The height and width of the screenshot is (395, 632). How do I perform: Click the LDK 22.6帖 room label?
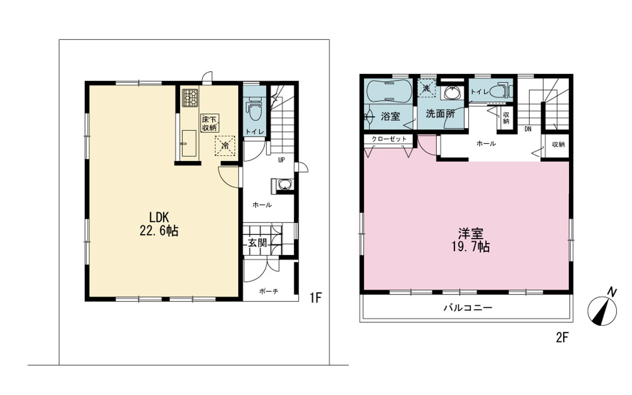coord(159,224)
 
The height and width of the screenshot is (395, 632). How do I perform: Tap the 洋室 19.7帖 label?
coord(471,240)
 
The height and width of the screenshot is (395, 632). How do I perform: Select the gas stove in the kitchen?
coord(190,98)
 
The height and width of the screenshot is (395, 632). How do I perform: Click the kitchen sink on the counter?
coord(189,143)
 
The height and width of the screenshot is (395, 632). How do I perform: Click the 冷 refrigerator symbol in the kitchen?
coord(225,146)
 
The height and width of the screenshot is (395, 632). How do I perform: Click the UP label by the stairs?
coord(281,160)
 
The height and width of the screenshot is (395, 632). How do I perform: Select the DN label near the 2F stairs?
coord(528,129)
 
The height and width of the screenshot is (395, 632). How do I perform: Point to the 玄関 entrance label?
coord(257,243)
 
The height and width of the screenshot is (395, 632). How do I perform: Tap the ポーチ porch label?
coord(269,291)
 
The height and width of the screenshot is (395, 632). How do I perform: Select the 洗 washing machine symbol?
coord(426,88)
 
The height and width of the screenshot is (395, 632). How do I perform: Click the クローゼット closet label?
coord(389,139)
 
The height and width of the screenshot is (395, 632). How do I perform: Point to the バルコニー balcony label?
coord(468,307)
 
